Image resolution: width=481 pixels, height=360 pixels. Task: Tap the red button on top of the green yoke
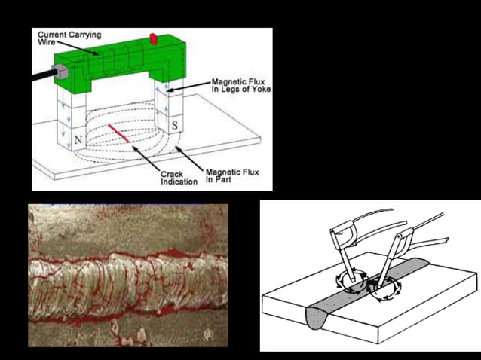(155, 38)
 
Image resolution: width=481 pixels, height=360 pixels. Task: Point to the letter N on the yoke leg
(77, 140)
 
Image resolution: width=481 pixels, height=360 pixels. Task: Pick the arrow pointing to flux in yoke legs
(190, 88)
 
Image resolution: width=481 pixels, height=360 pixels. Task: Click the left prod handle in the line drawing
(344, 233)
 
